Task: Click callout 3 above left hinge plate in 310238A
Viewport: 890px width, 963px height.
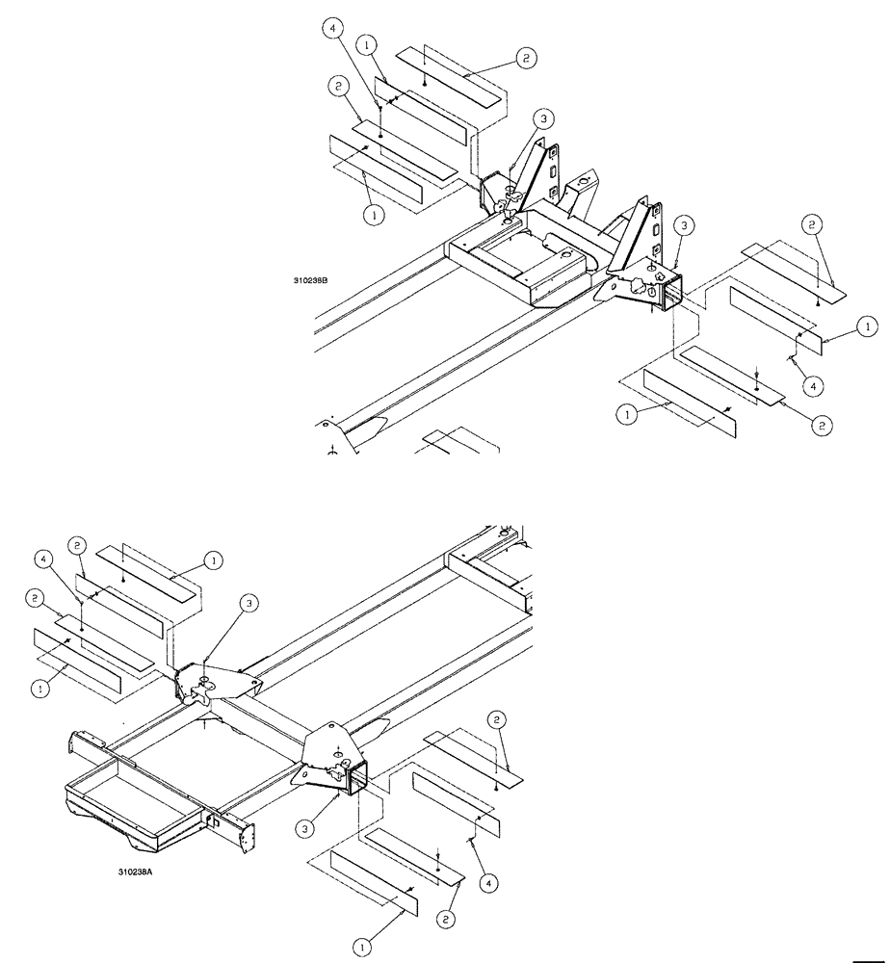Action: click(249, 604)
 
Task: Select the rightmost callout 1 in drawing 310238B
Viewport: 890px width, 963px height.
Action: click(868, 328)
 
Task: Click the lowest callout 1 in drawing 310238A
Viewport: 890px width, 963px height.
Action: click(362, 948)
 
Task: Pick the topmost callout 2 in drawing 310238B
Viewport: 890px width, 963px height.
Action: click(526, 58)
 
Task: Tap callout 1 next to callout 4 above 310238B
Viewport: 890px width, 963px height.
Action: click(367, 44)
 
